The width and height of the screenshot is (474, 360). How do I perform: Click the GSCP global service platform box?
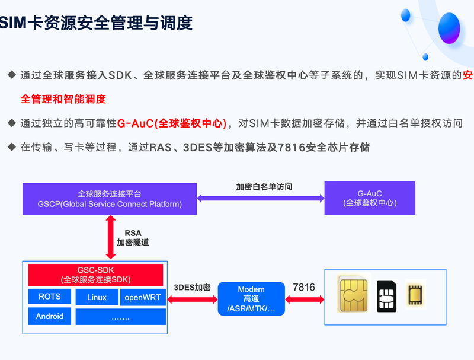coord(110,199)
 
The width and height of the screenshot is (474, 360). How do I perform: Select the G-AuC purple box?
coord(370,198)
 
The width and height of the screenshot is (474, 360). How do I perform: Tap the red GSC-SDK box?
coord(95,275)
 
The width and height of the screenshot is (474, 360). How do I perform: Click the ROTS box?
coord(50,297)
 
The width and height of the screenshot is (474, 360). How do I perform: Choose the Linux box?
coord(97,297)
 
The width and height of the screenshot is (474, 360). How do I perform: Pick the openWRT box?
coord(143,297)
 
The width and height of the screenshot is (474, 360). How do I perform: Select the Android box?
coord(50,316)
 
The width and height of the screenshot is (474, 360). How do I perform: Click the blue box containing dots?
coord(121,317)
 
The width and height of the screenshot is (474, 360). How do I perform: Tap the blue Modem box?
coord(251,299)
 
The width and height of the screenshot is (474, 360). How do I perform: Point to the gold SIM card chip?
coord(354,294)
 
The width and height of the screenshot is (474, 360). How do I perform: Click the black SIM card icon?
coord(387,296)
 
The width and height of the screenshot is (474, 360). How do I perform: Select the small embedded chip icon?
coord(415,294)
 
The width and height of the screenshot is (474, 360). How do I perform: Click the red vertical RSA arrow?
coord(111,237)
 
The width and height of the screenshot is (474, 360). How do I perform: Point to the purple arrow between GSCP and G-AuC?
coord(261,199)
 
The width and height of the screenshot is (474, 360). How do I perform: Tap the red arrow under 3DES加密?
coord(193,300)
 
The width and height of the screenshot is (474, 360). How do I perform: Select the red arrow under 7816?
coord(305,300)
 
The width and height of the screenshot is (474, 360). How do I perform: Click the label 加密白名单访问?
coord(264,187)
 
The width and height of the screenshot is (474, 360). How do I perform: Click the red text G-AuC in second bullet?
coord(135,123)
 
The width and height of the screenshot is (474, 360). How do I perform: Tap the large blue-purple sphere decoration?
coord(449,28)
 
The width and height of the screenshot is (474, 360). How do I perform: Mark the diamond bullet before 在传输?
coord(12,147)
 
